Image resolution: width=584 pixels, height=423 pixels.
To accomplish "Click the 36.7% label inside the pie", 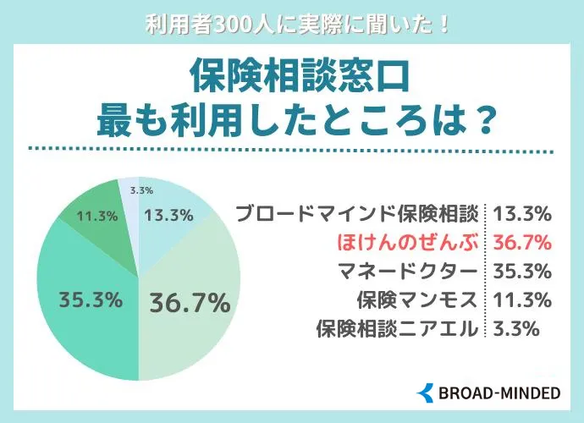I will coord(190,302).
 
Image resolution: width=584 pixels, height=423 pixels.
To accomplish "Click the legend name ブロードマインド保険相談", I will coord(358,212).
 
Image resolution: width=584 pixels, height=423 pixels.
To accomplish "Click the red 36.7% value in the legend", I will coord(521,242).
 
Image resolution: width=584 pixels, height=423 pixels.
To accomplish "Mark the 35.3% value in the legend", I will coord(521,271).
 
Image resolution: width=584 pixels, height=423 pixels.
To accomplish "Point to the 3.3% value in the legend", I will coord(515,328).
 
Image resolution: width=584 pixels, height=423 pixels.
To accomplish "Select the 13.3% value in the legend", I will coord(521,212).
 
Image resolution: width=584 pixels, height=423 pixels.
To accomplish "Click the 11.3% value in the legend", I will coord(521,299).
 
